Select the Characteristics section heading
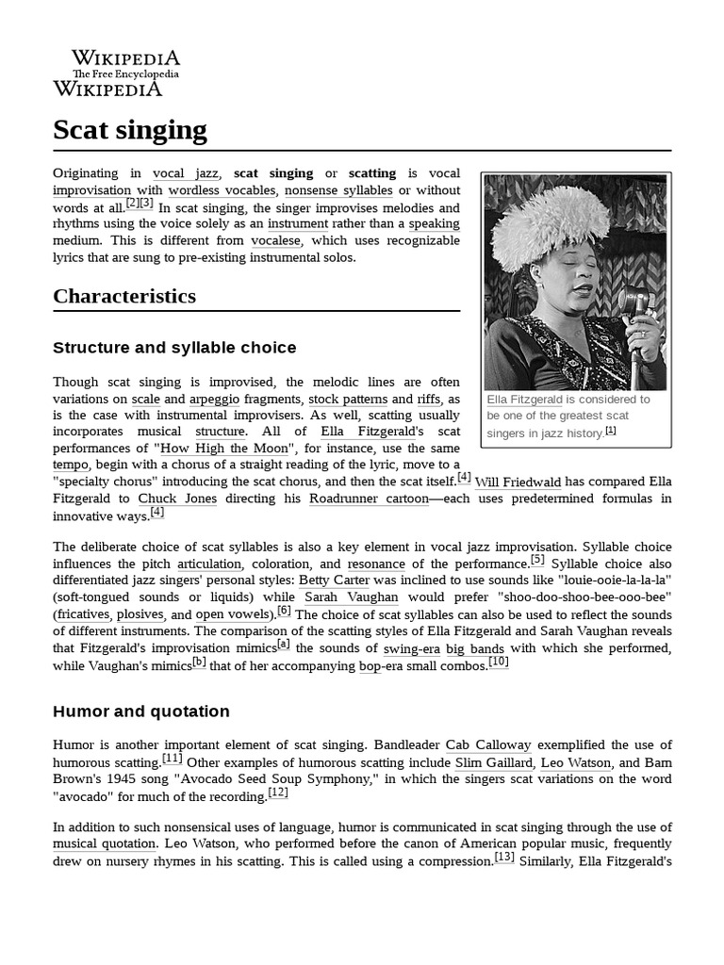click(124, 296)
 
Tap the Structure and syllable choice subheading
click(174, 348)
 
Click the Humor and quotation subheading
click(141, 711)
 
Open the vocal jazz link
click(185, 173)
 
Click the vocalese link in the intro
click(276, 240)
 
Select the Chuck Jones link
click(177, 499)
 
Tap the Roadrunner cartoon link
click(369, 499)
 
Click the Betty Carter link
click(335, 581)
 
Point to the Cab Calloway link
click(488, 745)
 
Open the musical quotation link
click(104, 843)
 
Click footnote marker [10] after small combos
click(499, 662)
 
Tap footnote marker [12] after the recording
click(278, 793)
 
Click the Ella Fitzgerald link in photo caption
click(524, 400)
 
